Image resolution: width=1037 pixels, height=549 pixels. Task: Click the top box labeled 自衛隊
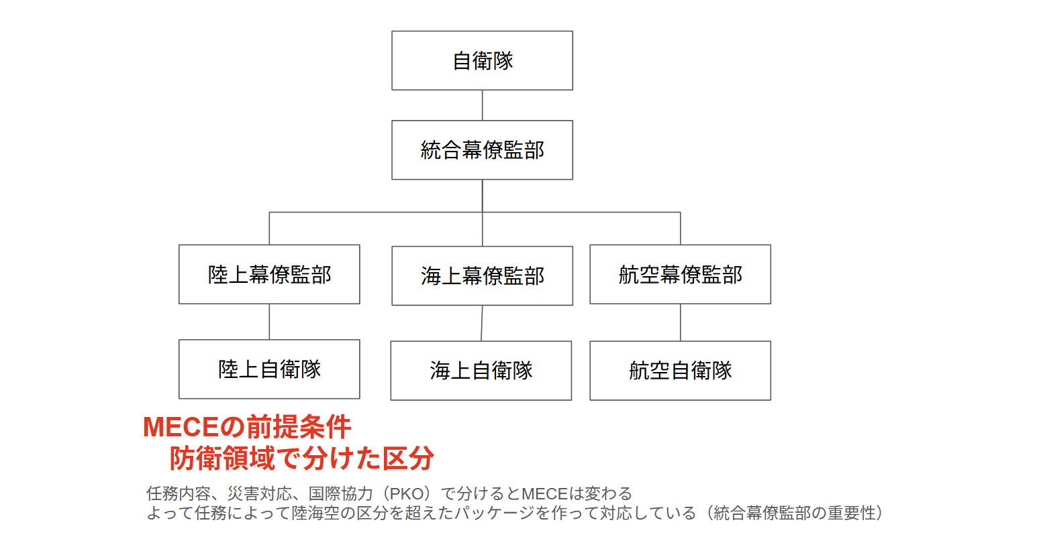click(482, 60)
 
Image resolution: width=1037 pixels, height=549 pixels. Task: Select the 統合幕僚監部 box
click(482, 150)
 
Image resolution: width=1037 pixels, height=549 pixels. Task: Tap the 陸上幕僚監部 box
click(269, 274)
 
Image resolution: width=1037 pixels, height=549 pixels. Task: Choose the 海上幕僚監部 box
click(482, 276)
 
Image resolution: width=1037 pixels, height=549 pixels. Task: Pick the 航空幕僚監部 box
click(680, 274)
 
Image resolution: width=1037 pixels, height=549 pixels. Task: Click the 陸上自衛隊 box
click(269, 369)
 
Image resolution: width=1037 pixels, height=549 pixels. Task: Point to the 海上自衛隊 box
click(481, 371)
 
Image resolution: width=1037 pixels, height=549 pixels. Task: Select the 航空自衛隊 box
click(680, 371)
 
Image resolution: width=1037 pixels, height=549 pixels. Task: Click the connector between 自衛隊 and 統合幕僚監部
click(483, 105)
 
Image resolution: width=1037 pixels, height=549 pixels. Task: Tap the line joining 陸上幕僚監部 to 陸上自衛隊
click(269, 322)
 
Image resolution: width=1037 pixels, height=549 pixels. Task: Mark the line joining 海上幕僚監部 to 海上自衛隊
click(482, 323)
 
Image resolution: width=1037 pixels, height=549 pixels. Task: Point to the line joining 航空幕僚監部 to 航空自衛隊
click(681, 322)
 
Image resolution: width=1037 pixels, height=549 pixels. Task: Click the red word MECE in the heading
click(181, 428)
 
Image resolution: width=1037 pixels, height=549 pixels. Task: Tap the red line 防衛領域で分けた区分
click(301, 459)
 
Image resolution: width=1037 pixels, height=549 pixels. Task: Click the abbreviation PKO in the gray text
click(407, 494)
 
